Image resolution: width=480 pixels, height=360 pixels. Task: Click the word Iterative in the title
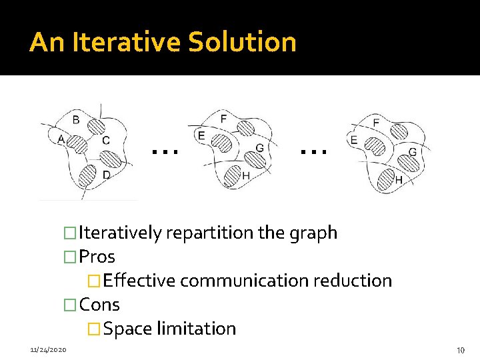point(127,42)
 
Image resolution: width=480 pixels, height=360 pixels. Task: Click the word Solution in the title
point(242,42)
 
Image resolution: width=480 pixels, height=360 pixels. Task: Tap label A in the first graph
point(61,139)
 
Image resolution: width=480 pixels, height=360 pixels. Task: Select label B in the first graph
point(76,121)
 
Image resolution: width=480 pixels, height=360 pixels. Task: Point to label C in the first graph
point(106,141)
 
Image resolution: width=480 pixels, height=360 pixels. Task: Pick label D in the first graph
point(107,175)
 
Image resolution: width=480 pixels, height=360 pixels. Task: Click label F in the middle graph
point(223,119)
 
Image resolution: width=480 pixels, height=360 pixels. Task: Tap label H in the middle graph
point(245,175)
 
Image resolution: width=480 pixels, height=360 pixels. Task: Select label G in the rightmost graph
point(413,153)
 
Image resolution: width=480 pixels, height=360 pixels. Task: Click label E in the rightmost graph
point(353,141)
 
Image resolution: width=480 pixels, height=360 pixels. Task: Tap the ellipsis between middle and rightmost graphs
point(313,151)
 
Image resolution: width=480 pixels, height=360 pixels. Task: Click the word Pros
point(97,257)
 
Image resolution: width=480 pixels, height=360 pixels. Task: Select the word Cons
point(99,305)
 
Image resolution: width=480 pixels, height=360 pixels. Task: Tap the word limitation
point(196,329)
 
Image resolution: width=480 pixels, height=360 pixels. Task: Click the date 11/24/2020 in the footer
point(47,349)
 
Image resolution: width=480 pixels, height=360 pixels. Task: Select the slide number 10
point(459,350)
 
